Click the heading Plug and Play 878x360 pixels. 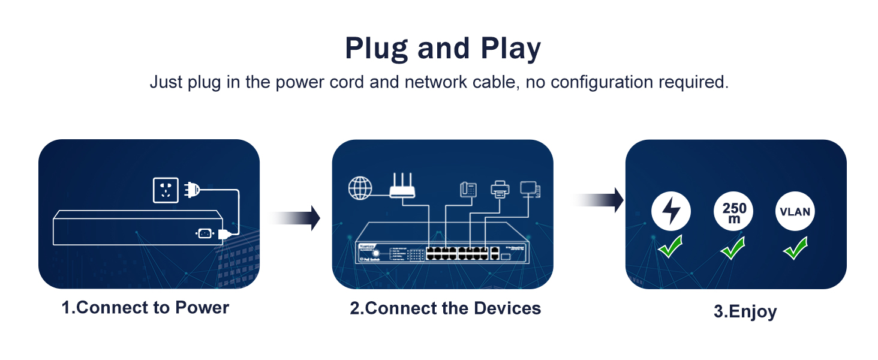(x=443, y=49)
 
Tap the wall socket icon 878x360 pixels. (x=166, y=190)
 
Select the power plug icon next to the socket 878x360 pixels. (x=191, y=190)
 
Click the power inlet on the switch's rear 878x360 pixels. (x=204, y=234)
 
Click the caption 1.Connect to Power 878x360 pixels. (x=146, y=308)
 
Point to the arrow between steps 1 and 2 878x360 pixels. (x=297, y=217)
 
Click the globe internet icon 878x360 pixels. (x=360, y=188)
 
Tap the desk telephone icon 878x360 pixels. (x=468, y=190)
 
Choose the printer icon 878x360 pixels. (x=500, y=190)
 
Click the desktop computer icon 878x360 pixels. (x=530, y=190)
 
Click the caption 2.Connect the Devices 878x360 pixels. (x=445, y=308)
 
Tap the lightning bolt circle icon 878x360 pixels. (x=671, y=212)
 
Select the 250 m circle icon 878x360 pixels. (x=734, y=212)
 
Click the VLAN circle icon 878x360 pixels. (x=795, y=212)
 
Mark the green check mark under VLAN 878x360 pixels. (x=795, y=248)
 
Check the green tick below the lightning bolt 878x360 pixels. (x=670, y=247)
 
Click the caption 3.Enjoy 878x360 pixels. (x=745, y=312)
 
